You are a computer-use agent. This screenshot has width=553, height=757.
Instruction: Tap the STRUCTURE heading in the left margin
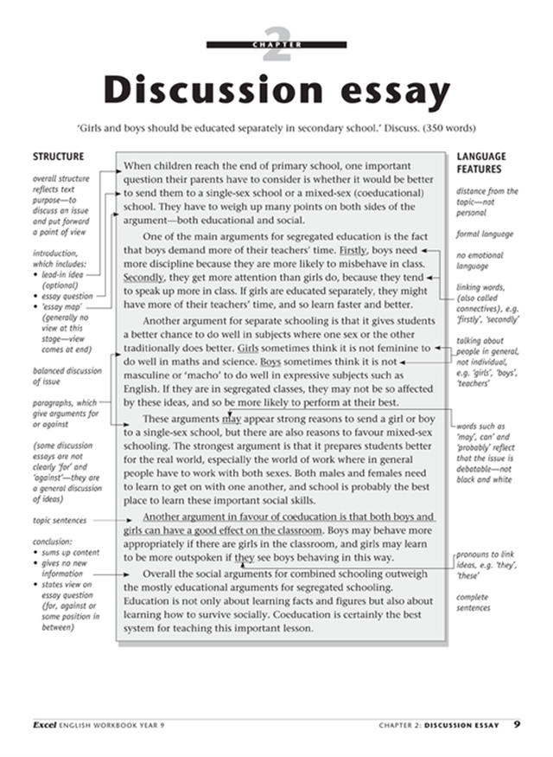tap(58, 157)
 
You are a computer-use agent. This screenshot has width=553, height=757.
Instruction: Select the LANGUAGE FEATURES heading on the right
tap(481, 163)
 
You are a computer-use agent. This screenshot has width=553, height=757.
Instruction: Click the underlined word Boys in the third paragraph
tap(270, 361)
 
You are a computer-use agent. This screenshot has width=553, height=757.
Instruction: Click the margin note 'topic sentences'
tap(60, 520)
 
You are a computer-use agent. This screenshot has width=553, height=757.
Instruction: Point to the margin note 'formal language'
tap(485, 234)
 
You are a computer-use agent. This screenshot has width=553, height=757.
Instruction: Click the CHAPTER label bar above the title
tap(276, 44)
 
